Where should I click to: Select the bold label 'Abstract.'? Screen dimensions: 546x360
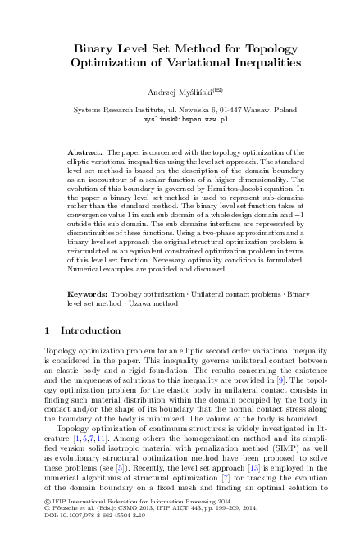83,153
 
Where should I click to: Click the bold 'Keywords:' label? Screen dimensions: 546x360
86,293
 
